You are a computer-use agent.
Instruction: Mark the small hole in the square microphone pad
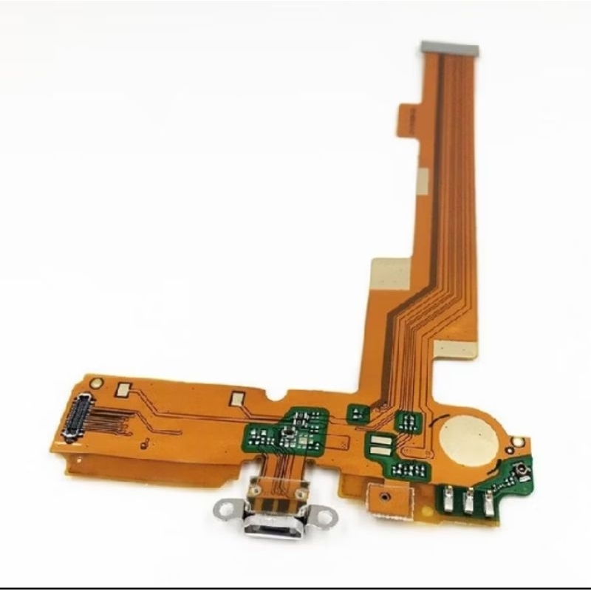(x=383, y=497)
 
